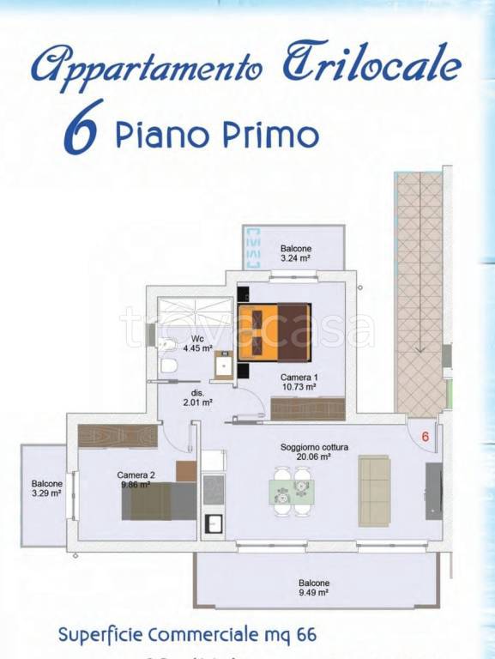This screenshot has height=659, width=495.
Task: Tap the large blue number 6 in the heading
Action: point(84,128)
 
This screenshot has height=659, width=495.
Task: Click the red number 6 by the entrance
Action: point(425,436)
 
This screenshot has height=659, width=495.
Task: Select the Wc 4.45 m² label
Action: point(197,342)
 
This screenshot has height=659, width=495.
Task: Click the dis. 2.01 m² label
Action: point(197,396)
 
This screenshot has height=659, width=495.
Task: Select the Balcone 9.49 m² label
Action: point(314,587)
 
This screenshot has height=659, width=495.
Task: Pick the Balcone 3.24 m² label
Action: point(295,252)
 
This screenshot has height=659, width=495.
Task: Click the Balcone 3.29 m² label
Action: point(46,488)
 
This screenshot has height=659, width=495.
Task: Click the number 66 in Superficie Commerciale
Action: point(305,635)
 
